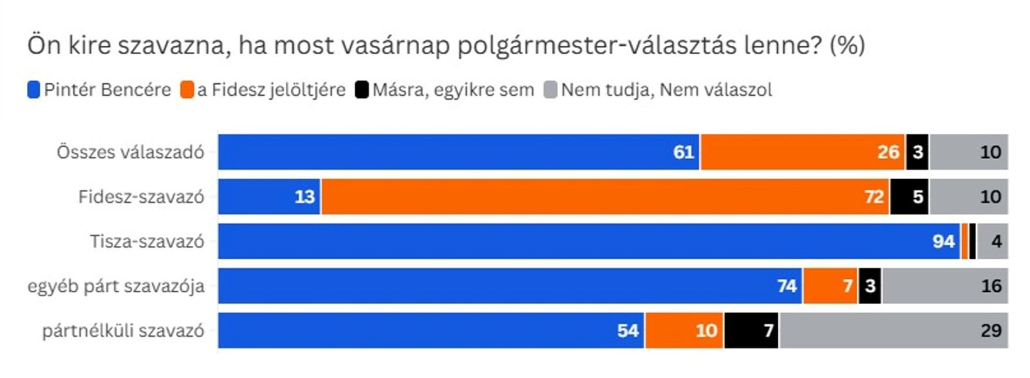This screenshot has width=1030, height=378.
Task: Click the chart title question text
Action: pos(445,46)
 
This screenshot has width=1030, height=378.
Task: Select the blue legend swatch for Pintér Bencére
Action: pos(33,90)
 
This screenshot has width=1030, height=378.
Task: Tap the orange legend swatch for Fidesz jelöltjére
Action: pos(187,90)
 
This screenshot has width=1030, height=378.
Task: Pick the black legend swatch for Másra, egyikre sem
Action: pos(362,90)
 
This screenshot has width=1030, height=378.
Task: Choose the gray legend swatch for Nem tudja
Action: pos(550,90)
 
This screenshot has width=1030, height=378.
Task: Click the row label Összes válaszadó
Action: pos(130,152)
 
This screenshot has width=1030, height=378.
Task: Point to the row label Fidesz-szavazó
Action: pos(141,196)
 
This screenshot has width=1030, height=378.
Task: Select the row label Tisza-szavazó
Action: pos(147,241)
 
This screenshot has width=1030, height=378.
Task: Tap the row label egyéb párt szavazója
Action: pos(116,286)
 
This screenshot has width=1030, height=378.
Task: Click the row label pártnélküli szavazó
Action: pos(123,330)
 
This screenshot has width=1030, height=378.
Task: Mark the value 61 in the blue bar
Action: pos(683,152)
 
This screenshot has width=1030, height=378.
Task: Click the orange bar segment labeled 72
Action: pos(605,196)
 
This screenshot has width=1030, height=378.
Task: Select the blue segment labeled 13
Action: pos(269,196)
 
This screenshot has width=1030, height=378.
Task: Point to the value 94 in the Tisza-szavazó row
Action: pos(943,241)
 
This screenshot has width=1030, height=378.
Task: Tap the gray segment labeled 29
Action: pos(893,330)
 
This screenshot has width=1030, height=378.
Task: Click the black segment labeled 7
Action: pos(751,330)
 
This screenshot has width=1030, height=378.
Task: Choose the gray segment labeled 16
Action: pos(944,286)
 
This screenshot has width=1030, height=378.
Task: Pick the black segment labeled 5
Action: pos(910,196)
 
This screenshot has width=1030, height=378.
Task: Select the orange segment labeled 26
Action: pos(802,152)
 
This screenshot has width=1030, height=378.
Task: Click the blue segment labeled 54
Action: pos(431,330)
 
